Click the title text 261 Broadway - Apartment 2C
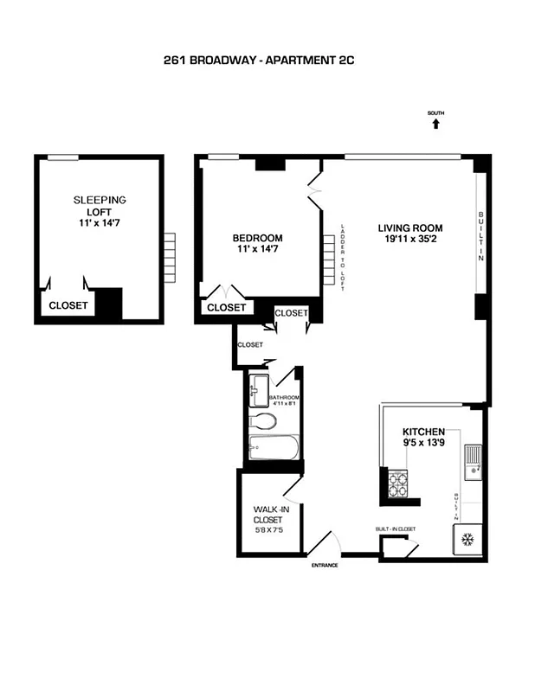(x=259, y=61)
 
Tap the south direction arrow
(x=435, y=124)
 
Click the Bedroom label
(x=257, y=238)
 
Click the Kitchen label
(x=423, y=431)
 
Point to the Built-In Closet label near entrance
(x=396, y=528)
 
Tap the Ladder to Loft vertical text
(x=344, y=257)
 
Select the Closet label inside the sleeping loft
(x=67, y=305)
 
